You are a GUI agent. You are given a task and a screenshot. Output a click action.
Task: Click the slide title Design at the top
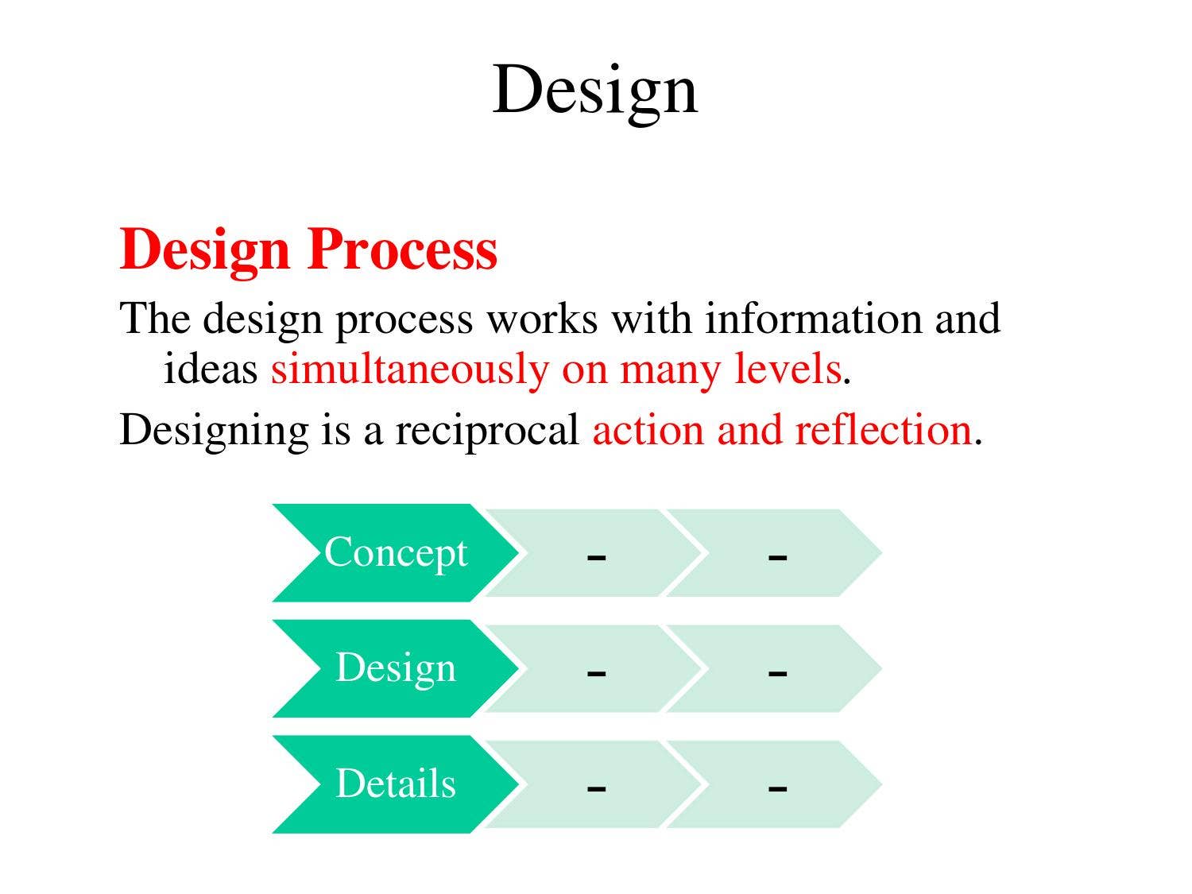(595, 90)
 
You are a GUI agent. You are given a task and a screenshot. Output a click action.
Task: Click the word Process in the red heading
(402, 250)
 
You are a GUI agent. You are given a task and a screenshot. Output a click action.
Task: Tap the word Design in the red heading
(205, 250)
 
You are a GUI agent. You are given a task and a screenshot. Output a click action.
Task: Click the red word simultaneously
(409, 370)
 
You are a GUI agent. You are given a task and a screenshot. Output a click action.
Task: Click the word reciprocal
(487, 431)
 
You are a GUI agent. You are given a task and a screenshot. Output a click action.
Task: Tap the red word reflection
(883, 431)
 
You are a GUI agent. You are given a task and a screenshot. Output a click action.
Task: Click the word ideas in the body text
(211, 370)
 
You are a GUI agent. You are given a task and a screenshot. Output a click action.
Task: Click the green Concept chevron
(395, 553)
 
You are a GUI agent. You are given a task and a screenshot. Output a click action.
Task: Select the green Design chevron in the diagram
(395, 668)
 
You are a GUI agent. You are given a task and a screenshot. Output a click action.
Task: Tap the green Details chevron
(395, 784)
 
